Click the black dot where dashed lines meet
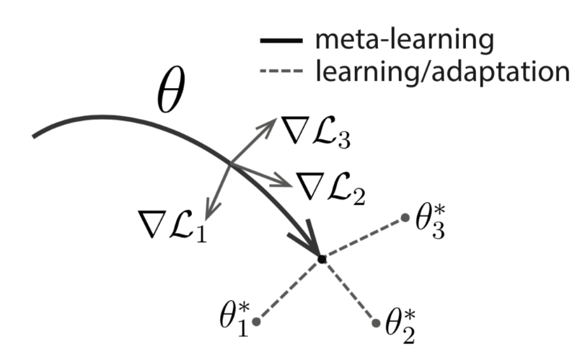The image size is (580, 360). (x=322, y=258)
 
